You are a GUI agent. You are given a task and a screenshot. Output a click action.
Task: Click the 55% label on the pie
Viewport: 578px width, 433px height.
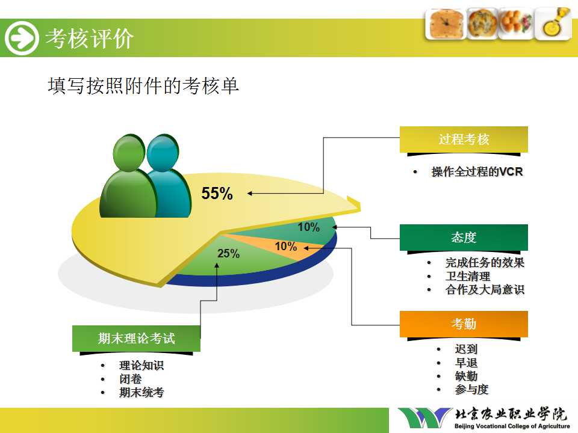217,193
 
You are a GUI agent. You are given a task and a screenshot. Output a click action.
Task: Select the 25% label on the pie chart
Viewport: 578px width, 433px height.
229,253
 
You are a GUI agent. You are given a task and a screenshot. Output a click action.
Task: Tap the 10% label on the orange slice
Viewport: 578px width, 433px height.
286,246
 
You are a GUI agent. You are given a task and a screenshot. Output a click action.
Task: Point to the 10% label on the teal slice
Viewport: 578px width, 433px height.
309,227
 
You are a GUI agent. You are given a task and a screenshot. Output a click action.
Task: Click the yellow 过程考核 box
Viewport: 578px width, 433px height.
464,140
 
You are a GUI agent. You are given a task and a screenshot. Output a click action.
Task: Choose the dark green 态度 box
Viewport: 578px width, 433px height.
464,238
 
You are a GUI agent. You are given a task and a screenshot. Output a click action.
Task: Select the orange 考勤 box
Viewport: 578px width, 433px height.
464,324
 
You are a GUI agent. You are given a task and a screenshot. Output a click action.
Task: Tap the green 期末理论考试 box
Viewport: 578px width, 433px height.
137,339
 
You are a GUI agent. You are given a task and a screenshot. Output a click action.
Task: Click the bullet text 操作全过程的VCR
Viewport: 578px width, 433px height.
477,171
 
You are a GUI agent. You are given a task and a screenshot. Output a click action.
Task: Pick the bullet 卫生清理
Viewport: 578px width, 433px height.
468,276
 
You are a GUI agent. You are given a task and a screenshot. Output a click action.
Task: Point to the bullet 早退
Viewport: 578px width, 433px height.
466,363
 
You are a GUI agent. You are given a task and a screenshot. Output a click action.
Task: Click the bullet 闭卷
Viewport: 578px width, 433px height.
131,379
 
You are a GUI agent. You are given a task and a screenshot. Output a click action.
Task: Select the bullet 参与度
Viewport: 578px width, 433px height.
471,389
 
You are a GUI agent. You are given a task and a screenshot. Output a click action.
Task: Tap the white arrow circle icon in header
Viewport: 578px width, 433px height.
22,38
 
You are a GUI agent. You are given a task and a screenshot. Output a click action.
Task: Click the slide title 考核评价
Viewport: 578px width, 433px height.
89,38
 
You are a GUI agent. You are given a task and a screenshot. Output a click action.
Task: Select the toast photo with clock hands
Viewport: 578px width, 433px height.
445,24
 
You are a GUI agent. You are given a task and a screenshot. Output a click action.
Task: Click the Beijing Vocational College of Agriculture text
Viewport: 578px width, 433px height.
512,426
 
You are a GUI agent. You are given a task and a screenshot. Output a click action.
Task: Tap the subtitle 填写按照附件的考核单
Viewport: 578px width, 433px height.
143,86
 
